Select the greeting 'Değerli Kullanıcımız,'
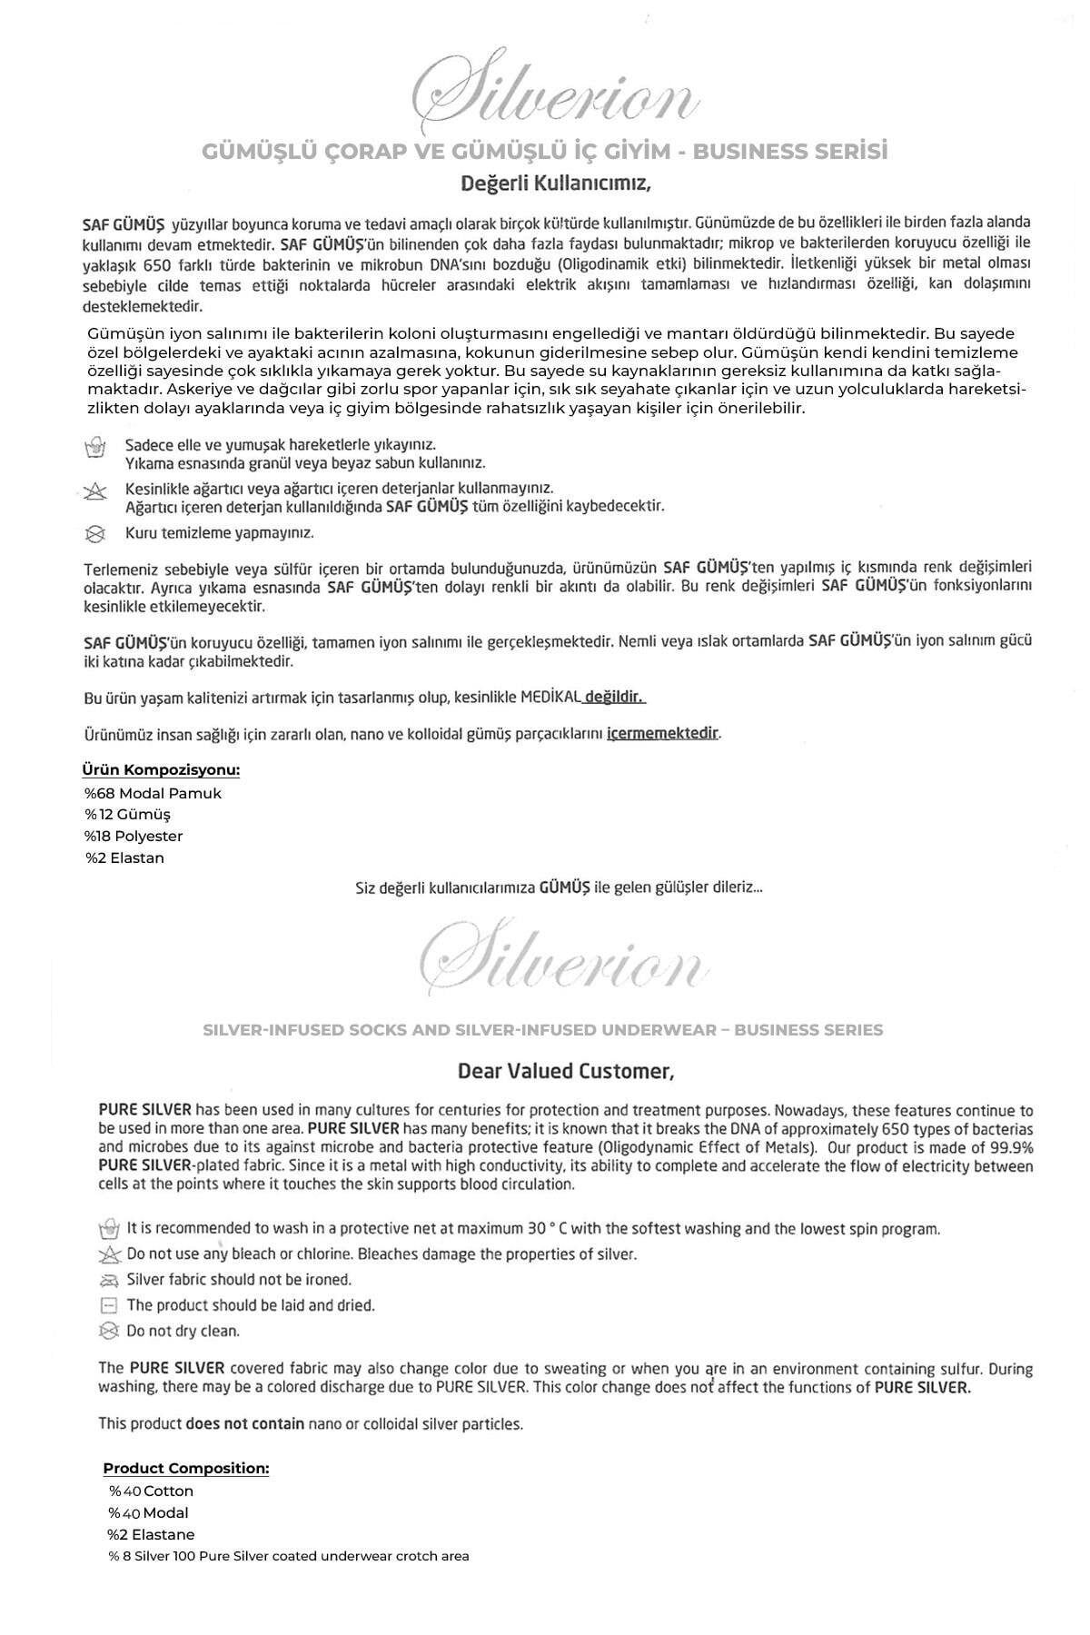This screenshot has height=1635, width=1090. point(557,183)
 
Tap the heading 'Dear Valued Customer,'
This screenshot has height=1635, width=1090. point(566,1071)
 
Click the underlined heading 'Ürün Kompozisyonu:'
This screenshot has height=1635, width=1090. point(162,770)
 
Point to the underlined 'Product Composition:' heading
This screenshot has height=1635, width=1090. point(186,1468)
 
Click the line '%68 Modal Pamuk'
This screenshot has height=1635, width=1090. point(153,793)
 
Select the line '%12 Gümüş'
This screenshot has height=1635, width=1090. point(127,815)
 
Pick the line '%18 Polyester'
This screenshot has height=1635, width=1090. point(134,836)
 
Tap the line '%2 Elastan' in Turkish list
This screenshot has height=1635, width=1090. point(125,857)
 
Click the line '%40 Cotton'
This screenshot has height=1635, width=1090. point(151,1491)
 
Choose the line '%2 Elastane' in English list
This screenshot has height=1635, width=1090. point(151,1534)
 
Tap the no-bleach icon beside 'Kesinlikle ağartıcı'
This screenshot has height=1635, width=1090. point(94,491)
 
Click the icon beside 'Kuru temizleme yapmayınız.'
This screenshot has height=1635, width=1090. point(94,533)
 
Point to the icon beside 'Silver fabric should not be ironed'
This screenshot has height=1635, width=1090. point(109,1280)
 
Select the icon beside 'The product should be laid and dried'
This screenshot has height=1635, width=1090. point(109,1305)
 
